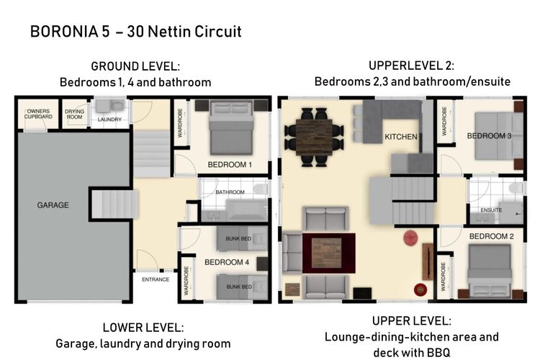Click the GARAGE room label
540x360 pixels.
click(53, 205)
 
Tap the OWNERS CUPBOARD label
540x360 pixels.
click(38, 114)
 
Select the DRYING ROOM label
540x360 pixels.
click(74, 114)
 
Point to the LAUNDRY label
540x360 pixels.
click(109, 120)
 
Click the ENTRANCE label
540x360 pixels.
click(156, 279)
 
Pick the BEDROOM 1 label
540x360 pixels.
click(230, 165)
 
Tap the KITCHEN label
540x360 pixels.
click(401, 137)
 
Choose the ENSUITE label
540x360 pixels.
click(491, 210)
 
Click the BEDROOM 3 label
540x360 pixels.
click(489, 136)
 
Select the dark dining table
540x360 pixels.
click(314, 137)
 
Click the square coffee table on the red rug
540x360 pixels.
click(325, 253)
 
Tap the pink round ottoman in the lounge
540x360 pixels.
click(410, 238)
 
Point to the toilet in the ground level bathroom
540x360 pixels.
click(261, 189)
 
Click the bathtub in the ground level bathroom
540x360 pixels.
click(246, 210)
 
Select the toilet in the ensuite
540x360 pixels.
click(517, 188)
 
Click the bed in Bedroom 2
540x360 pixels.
click(490, 271)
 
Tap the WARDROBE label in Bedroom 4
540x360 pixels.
click(186, 281)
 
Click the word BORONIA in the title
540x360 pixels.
click(64, 32)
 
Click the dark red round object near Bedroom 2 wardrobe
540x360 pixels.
click(420, 289)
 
